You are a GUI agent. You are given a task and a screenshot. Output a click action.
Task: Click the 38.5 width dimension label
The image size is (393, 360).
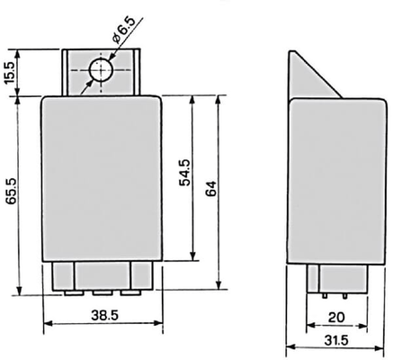pos(104,315)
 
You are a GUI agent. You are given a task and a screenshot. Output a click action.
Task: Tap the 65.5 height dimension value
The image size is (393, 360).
pos(12,192)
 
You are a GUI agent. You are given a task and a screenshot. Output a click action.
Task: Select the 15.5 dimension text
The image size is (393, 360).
pos(10,73)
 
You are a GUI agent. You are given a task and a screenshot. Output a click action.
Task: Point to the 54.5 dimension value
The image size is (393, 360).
pos(184,173)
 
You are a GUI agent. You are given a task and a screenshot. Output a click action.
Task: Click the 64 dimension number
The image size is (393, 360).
pos(211,188)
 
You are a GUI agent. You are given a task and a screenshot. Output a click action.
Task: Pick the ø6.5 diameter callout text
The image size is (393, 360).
pos(124,30)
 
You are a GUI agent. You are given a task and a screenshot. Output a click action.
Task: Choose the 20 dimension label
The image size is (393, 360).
pos(336,318)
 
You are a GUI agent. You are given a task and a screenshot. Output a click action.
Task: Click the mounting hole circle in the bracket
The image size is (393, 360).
pos(101,70)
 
